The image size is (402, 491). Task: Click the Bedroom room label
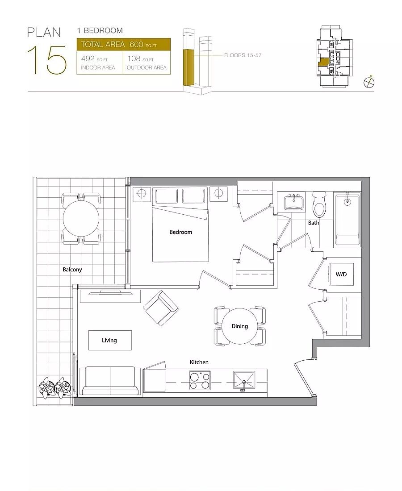pyautogui.click(x=181, y=232)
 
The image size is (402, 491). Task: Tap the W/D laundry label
pyautogui.click(x=341, y=275)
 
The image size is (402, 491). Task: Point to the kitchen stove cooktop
pyautogui.click(x=200, y=380)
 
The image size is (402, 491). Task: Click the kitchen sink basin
pyautogui.click(x=244, y=380)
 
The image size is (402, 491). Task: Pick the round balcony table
pyautogui.click(x=81, y=219)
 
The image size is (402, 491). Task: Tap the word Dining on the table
pyautogui.click(x=240, y=326)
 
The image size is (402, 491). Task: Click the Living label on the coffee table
pyautogui.click(x=109, y=341)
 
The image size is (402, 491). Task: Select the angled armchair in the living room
pyautogui.click(x=161, y=308)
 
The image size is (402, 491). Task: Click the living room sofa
pyautogui.click(x=110, y=381)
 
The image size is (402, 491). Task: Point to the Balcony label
pyautogui.click(x=72, y=270)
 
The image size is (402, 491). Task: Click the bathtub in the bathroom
pyautogui.click(x=347, y=219)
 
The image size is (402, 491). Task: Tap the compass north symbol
pyautogui.click(x=369, y=83)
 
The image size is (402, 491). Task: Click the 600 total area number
pyautogui.click(x=136, y=45)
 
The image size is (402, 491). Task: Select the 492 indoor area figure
pyautogui.click(x=88, y=58)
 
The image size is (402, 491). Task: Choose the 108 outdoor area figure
pyautogui.click(x=134, y=58)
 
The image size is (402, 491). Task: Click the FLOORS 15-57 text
pyautogui.click(x=243, y=55)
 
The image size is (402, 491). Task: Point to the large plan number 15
pyautogui.click(x=47, y=60)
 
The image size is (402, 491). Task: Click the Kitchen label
pyautogui.click(x=199, y=362)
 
